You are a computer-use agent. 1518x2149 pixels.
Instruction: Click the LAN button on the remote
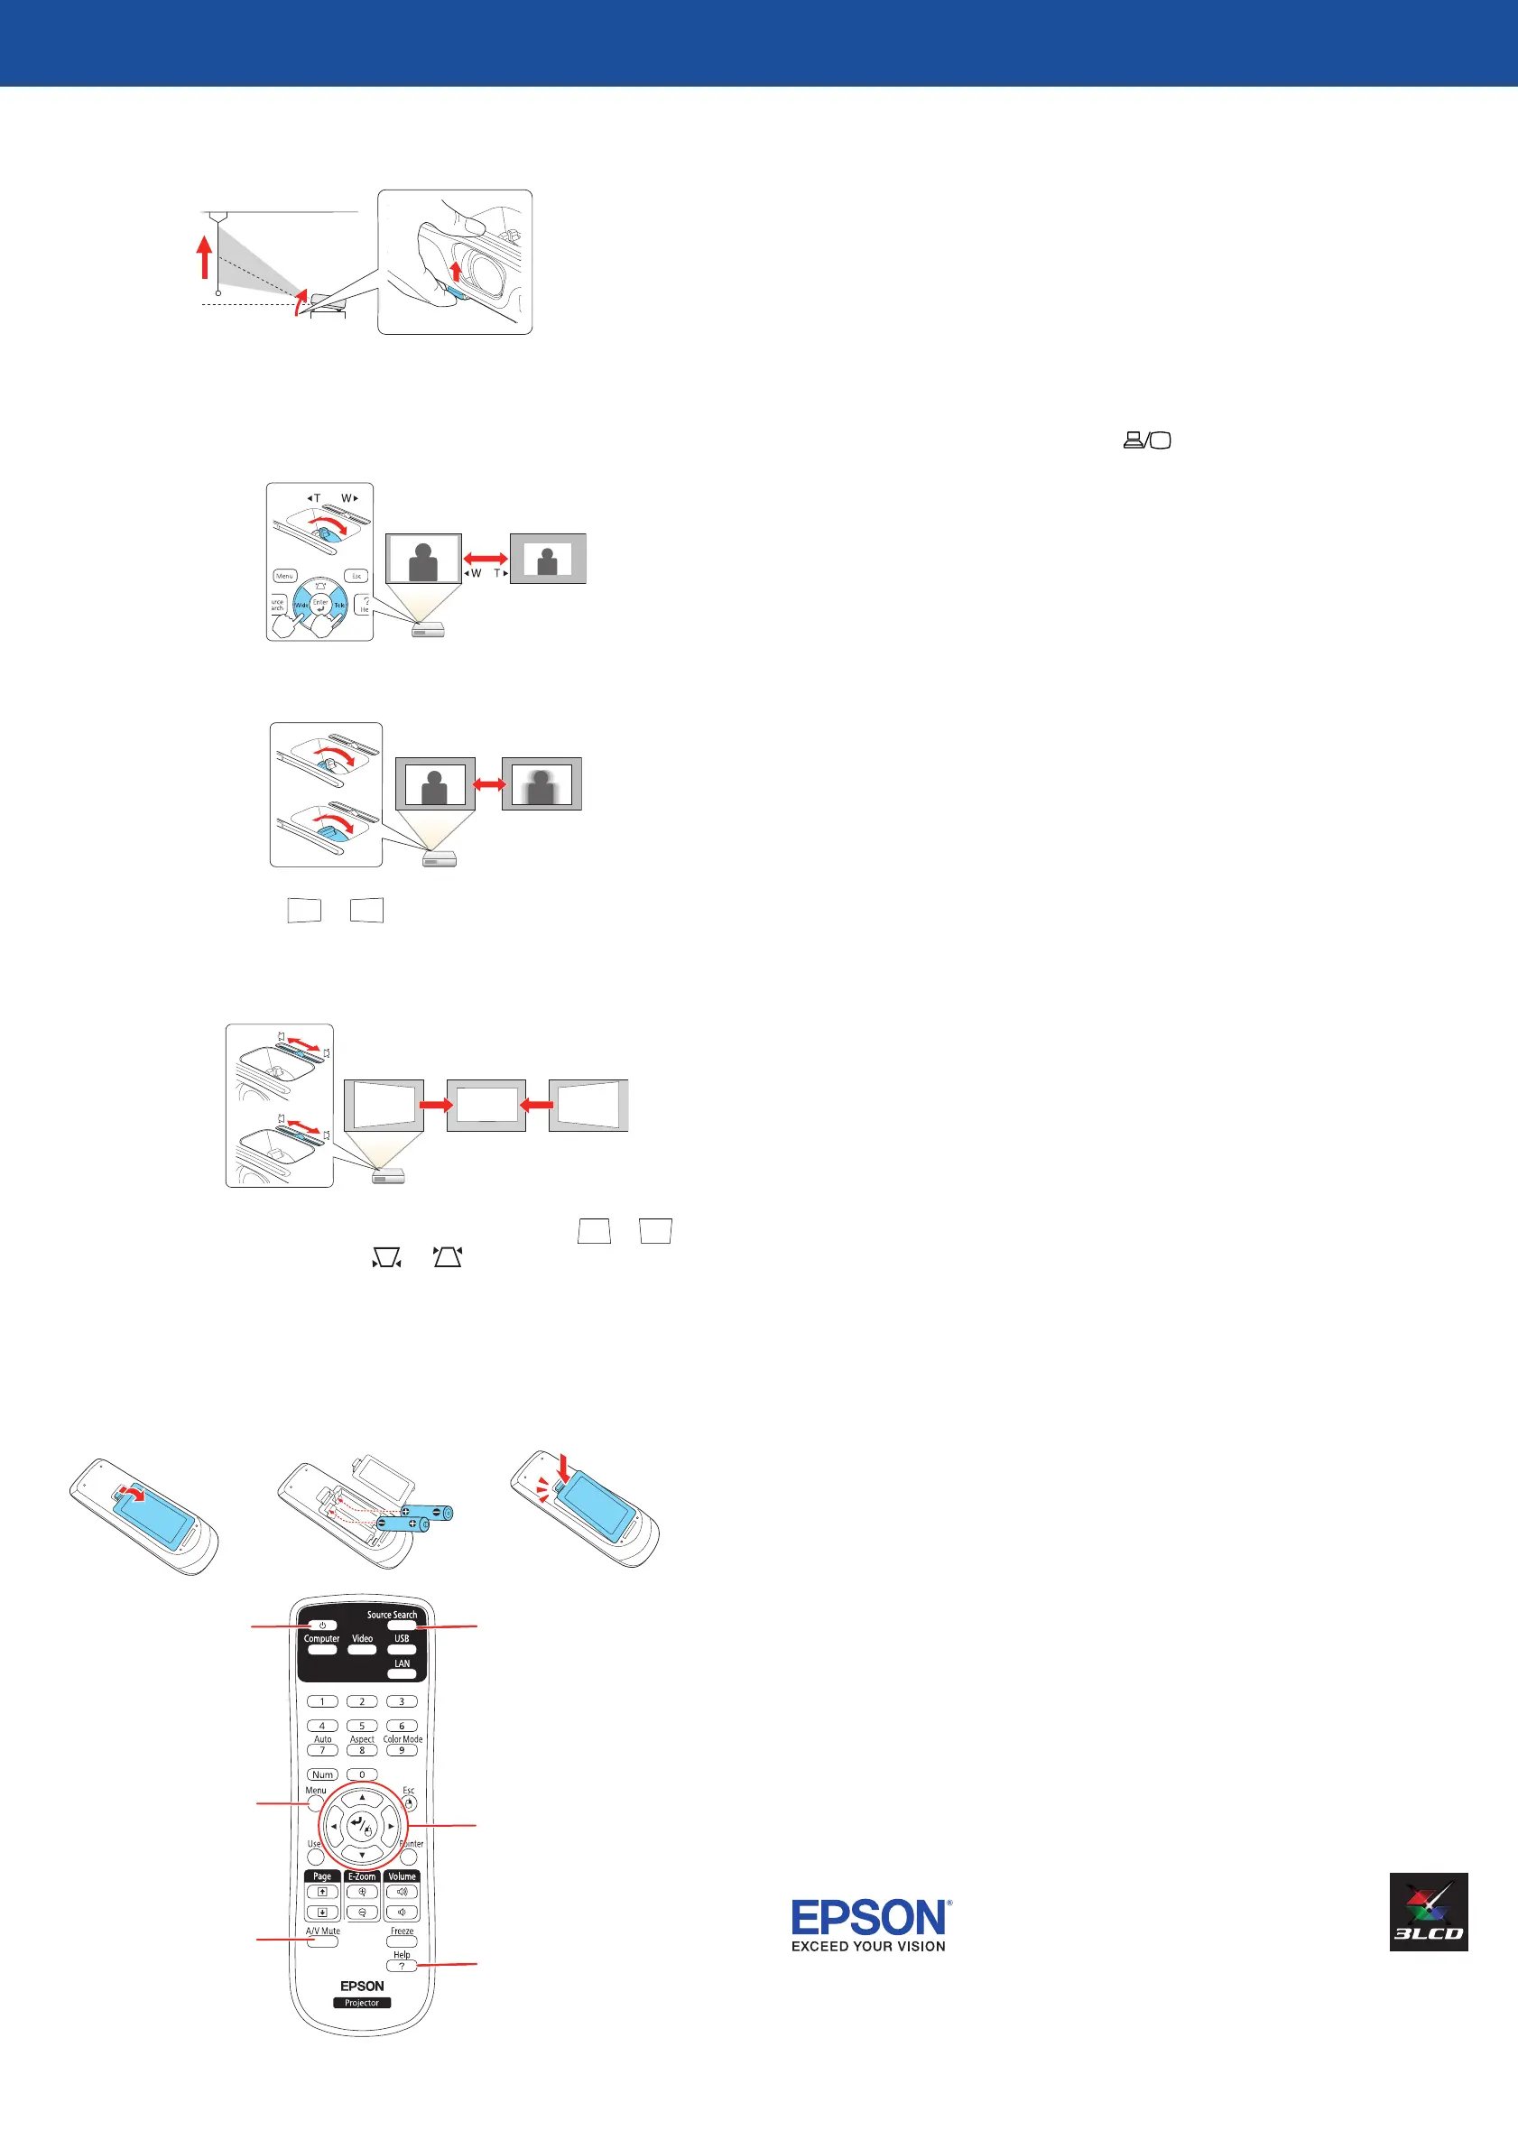pos(402,1673)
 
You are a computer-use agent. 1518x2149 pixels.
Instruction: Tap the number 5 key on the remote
pos(362,1726)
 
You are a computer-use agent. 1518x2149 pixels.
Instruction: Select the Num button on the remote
pos(323,1774)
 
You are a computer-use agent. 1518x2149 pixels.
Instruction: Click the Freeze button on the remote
pos(402,1942)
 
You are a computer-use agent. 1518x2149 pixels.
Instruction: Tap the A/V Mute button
pos(323,1942)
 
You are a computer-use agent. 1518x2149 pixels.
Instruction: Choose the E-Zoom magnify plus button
pos(362,1892)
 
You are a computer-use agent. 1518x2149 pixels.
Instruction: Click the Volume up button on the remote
pos(402,1892)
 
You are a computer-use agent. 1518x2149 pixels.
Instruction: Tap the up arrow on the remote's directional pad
pos(362,1798)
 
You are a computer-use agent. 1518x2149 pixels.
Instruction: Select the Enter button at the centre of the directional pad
pos(361,1825)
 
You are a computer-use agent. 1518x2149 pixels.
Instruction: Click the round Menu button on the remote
pos(315,1802)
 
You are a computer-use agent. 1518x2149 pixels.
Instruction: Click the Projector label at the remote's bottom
pos(362,2003)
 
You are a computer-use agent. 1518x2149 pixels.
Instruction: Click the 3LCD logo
pos(1428,1913)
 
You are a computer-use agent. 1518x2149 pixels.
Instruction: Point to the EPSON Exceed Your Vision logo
pos(870,1925)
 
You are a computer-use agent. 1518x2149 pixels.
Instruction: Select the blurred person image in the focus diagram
pos(541,784)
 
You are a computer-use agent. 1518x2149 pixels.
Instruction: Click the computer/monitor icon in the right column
pos(1147,440)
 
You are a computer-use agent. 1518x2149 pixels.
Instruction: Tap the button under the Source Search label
pos(402,1626)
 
